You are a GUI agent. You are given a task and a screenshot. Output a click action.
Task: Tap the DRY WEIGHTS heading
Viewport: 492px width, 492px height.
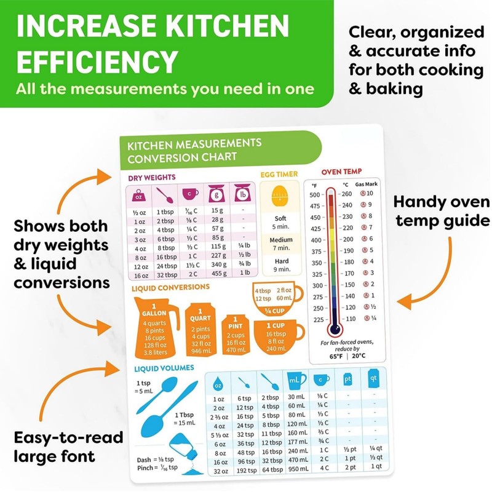[151, 178]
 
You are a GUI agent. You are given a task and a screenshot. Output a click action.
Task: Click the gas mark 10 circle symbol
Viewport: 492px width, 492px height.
[363, 194]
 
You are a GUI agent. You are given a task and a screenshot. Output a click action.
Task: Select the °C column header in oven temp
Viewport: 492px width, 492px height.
[345, 184]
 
